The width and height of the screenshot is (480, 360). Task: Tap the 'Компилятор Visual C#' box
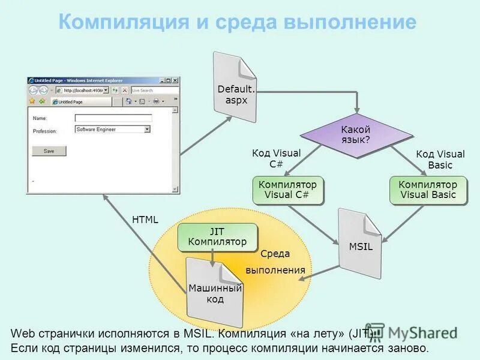pyautogui.click(x=287, y=190)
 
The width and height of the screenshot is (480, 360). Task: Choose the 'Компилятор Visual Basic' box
pyautogui.click(x=428, y=190)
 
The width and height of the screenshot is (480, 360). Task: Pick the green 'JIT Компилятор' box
pyautogui.click(x=217, y=237)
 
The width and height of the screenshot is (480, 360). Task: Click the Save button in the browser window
pyautogui.click(x=49, y=151)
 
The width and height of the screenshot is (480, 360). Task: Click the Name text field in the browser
pyautogui.click(x=113, y=118)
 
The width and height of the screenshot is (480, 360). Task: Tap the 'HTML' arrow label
pyautogui.click(x=145, y=220)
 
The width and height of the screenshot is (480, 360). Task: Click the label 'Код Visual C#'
pyautogui.click(x=276, y=159)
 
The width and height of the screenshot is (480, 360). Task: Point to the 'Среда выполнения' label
pyautogui.click(x=275, y=262)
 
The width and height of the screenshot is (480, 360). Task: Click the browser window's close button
pyautogui.click(x=175, y=80)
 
